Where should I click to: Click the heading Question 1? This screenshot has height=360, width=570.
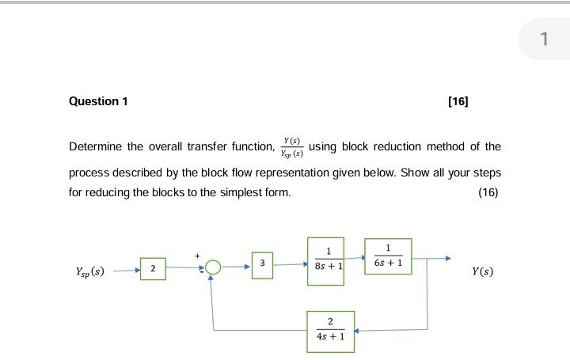pyautogui.click(x=98, y=101)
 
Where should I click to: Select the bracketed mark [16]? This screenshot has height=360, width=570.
pyautogui.click(x=458, y=101)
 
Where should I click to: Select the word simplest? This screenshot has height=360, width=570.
pyautogui.click(x=243, y=193)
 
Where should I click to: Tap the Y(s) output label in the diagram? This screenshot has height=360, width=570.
pyautogui.click(x=482, y=271)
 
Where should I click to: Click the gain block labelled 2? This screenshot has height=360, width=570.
pyautogui.click(x=153, y=269)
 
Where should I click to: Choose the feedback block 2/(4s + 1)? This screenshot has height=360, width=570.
pyautogui.click(x=330, y=330)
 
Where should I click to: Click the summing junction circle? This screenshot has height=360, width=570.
pyautogui.click(x=211, y=268)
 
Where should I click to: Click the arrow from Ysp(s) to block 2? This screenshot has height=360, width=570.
pyautogui.click(x=127, y=270)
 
